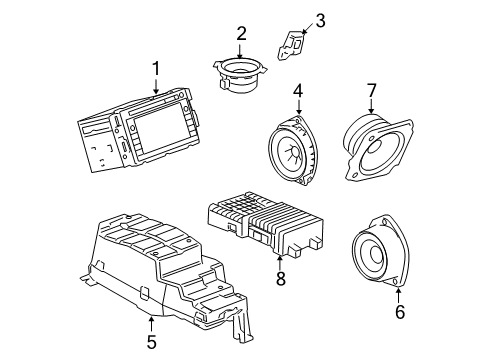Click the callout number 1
155,69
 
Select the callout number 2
241,34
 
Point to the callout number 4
297,95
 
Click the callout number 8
280,279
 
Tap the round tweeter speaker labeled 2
241,74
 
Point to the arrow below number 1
155,84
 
